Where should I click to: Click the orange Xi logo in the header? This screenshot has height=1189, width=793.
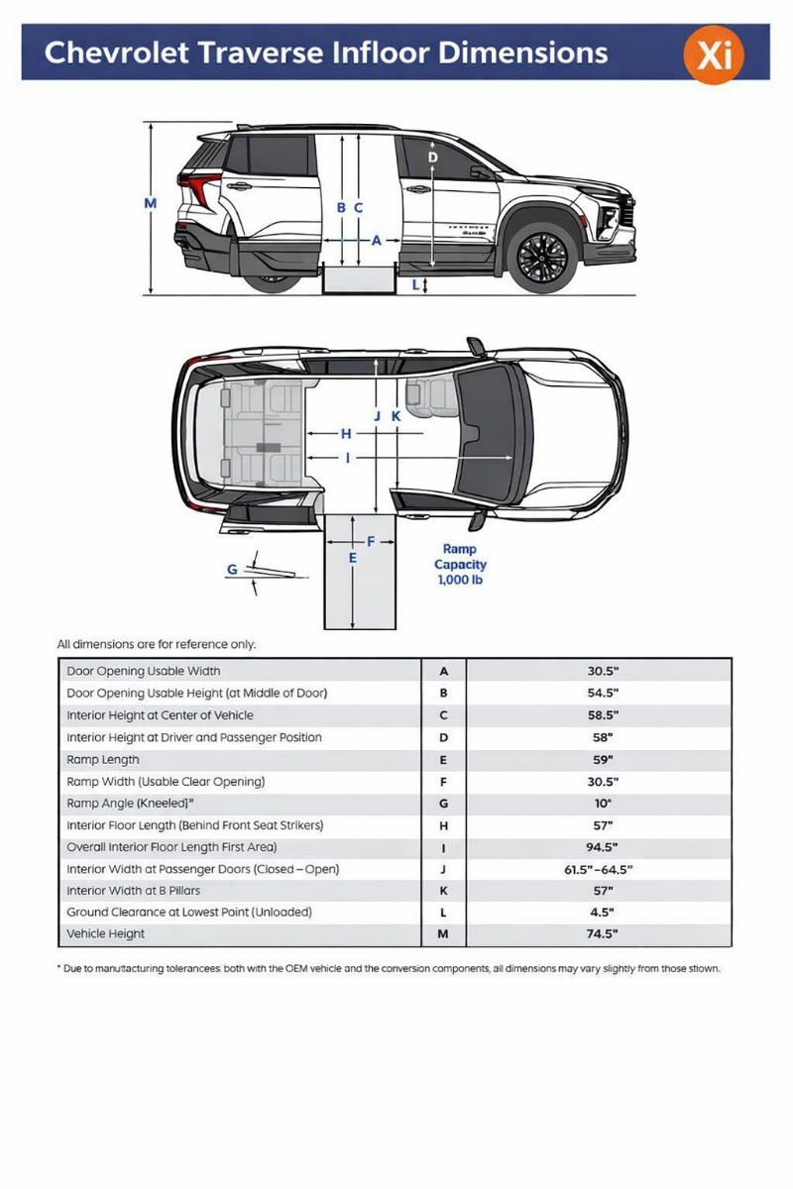tap(714, 54)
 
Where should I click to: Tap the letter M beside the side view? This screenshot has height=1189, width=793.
tap(151, 204)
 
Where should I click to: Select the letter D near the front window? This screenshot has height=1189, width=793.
tap(433, 157)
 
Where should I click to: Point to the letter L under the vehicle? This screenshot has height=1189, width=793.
tap(415, 285)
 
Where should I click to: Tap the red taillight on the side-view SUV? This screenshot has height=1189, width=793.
tap(198, 189)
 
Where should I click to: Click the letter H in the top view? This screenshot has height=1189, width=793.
tap(346, 434)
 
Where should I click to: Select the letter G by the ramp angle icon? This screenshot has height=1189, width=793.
tap(232, 570)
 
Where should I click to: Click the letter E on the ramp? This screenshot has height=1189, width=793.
tap(352, 559)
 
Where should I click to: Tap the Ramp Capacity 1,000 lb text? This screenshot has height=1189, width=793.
tap(460, 564)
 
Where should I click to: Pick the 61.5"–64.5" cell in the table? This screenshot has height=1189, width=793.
tap(599, 869)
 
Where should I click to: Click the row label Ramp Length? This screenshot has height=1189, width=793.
tap(103, 760)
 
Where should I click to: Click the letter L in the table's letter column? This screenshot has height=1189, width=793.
tap(443, 913)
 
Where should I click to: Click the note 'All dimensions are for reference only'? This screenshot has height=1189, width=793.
tap(157, 644)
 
